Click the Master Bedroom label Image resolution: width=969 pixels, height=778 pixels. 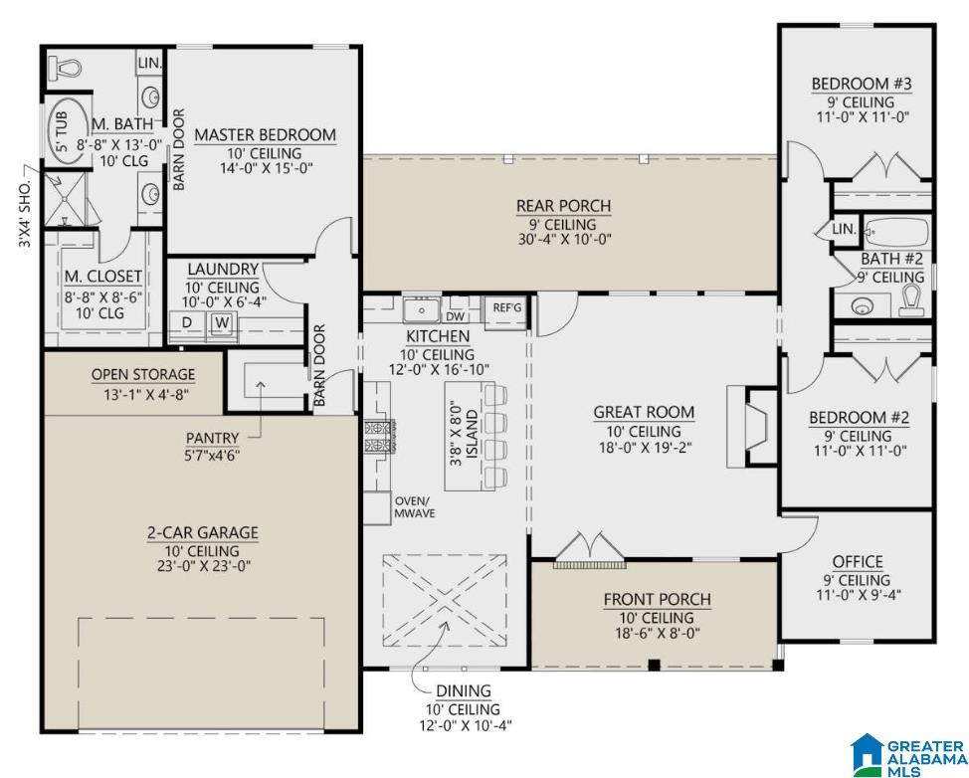coord(265,134)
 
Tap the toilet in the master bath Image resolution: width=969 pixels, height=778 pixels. coord(65,66)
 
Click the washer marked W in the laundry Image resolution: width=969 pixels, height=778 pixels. coord(222,322)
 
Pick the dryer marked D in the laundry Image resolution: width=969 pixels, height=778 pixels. coord(187,322)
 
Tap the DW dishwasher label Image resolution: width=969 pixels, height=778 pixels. coord(455,316)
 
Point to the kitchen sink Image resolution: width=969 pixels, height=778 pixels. coord(422,309)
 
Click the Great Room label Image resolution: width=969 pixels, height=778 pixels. coord(644,412)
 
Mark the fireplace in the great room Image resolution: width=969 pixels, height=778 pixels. coord(753,427)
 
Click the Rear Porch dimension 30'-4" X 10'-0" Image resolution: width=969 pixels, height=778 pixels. coord(564,239)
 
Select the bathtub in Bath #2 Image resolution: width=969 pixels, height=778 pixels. coord(896,232)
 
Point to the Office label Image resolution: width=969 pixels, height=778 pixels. coord(858,562)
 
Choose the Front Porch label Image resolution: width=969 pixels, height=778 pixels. coord(657,599)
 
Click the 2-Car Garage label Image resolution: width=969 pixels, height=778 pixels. coord(203,532)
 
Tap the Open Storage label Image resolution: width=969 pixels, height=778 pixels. coord(143,374)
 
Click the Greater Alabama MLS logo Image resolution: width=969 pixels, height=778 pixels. coord(908,755)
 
